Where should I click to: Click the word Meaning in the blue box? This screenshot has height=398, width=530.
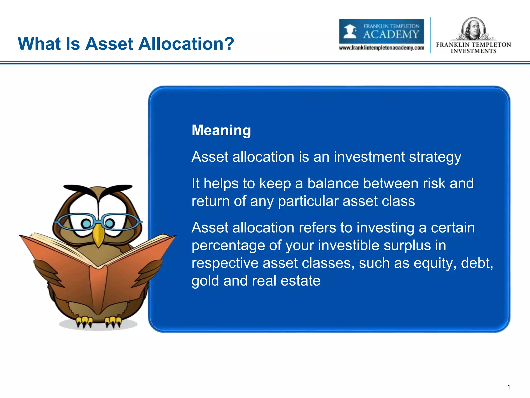(x=221, y=130)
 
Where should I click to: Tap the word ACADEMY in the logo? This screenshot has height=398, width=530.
(x=391, y=34)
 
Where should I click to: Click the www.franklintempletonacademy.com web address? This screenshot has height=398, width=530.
(x=381, y=48)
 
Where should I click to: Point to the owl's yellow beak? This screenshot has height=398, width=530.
(x=98, y=234)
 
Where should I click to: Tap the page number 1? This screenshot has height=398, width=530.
(x=509, y=387)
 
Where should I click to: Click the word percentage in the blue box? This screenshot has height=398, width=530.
(x=228, y=246)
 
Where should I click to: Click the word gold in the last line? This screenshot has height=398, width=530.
(x=205, y=281)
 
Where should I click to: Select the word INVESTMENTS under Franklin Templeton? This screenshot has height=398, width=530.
(x=473, y=51)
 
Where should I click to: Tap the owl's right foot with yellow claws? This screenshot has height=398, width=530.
(x=113, y=321)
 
